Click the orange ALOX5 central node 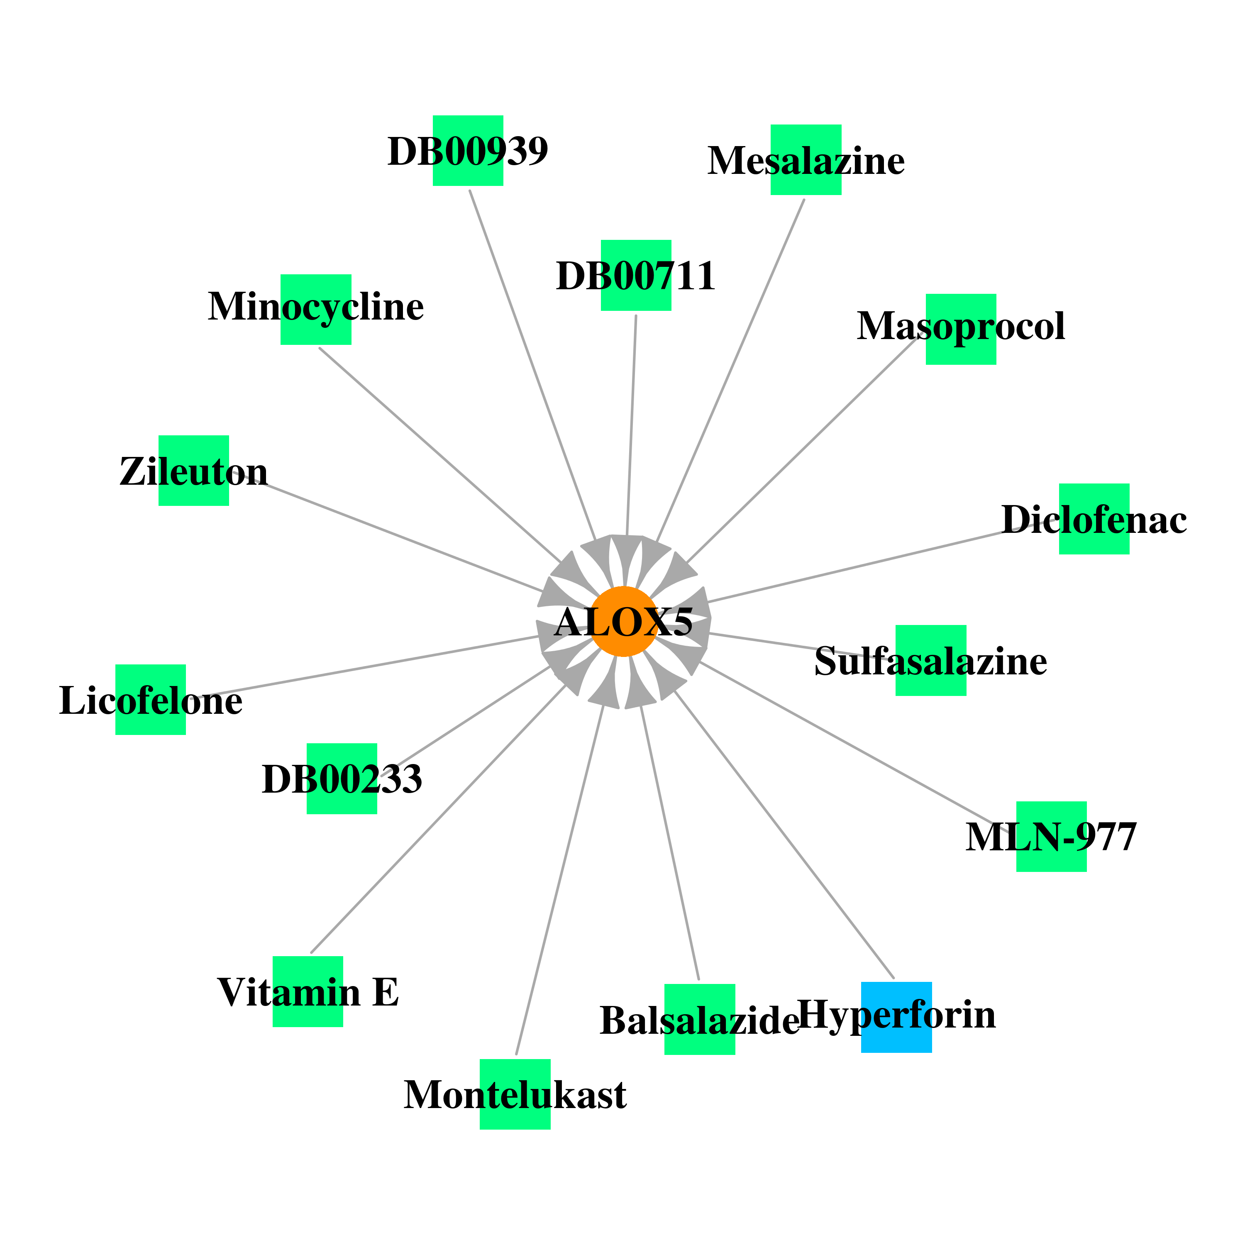(x=623, y=621)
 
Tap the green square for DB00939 (x=468, y=151)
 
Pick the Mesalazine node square (x=806, y=160)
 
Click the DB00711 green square (x=636, y=275)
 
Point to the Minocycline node (x=316, y=309)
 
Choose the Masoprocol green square (x=961, y=329)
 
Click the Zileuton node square (x=193, y=471)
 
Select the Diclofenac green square (x=1094, y=519)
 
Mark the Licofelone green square (x=150, y=699)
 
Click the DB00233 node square (x=342, y=779)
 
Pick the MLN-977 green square (x=1051, y=837)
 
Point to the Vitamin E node (x=308, y=991)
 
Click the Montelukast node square (x=515, y=1094)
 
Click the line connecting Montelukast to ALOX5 (x=559, y=880)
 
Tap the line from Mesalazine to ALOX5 (x=730, y=370)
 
